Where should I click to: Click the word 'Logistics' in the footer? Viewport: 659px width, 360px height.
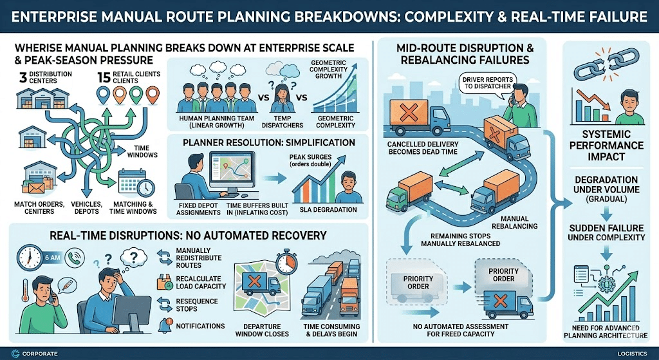coord(626,352)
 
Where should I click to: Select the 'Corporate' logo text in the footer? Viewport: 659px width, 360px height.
coord(39,352)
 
